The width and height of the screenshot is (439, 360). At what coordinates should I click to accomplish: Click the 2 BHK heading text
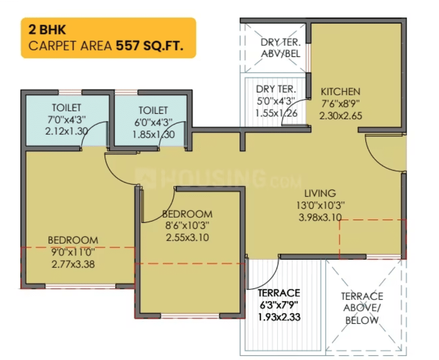[47, 30]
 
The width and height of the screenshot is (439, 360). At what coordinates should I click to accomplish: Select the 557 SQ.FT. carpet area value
[150, 45]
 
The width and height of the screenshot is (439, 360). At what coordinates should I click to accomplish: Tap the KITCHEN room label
[340, 91]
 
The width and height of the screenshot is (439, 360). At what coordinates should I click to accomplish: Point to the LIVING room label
[320, 193]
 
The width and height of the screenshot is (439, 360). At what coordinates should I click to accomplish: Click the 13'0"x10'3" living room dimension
[320, 205]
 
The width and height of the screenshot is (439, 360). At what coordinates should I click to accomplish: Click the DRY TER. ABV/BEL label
[281, 48]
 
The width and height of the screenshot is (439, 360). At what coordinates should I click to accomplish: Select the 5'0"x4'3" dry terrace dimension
[276, 102]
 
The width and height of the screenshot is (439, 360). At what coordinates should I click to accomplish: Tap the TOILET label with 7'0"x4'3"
[66, 107]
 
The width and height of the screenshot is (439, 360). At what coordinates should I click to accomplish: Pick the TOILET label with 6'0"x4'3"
[153, 110]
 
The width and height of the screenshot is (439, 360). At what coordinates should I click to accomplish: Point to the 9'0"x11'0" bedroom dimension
[73, 252]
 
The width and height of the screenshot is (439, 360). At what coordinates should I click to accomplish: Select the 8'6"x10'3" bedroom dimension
[187, 225]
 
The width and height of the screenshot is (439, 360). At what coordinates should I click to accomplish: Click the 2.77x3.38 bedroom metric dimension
[73, 264]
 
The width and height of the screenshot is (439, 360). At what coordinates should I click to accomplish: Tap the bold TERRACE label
[279, 293]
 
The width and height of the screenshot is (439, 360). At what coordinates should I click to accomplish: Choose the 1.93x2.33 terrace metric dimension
[279, 317]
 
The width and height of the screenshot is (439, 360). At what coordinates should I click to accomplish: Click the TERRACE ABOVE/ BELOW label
[362, 308]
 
